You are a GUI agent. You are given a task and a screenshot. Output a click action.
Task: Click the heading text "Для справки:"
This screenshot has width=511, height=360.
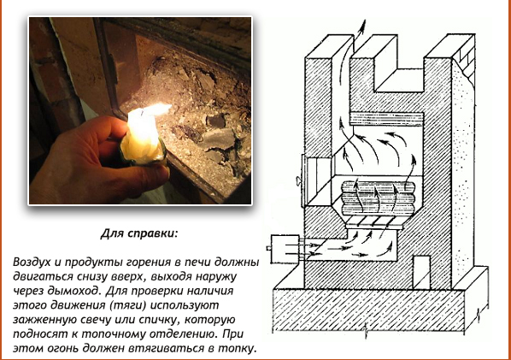(139, 233)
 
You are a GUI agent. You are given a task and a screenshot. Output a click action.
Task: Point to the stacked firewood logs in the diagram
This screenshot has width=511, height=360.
(378, 198)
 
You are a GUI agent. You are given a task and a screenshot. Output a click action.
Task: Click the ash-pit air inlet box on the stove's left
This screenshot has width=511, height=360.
(285, 249)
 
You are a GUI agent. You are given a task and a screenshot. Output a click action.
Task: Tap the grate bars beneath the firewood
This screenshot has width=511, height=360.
(375, 221)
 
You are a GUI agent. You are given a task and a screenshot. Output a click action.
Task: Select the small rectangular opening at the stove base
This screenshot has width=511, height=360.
(422, 272)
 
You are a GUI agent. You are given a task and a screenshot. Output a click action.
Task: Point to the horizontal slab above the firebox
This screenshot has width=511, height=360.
(386, 119)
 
